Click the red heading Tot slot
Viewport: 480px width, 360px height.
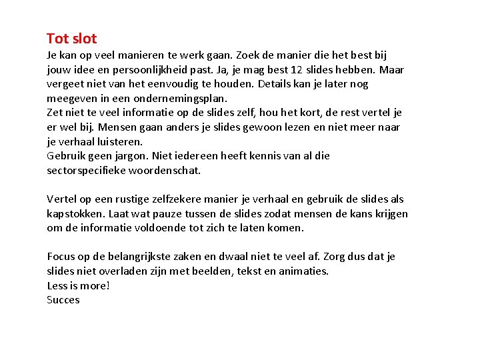[72, 39]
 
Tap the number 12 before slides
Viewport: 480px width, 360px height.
[303, 69]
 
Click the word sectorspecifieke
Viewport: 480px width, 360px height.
[89, 170]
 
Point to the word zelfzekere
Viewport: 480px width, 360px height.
[175, 199]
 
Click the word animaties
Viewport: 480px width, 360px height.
[303, 271]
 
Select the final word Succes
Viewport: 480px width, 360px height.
[63, 300]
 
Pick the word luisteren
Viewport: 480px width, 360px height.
[119, 141]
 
